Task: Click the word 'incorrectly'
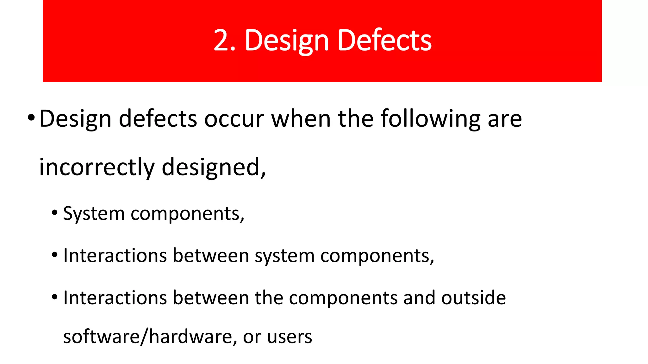click(x=97, y=167)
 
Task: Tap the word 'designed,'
click(x=214, y=167)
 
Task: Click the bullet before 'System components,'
click(x=55, y=212)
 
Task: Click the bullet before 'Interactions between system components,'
click(x=55, y=254)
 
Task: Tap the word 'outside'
click(x=473, y=298)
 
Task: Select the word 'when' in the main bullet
click(x=301, y=119)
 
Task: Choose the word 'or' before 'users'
click(x=252, y=337)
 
